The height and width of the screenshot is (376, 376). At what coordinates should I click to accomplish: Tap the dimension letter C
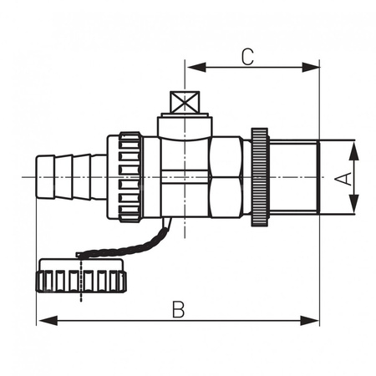[x=246, y=57]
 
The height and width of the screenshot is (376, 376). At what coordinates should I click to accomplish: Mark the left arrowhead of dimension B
[x=44, y=321]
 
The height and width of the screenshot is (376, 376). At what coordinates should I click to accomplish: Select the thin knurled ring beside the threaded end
[x=259, y=176]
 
